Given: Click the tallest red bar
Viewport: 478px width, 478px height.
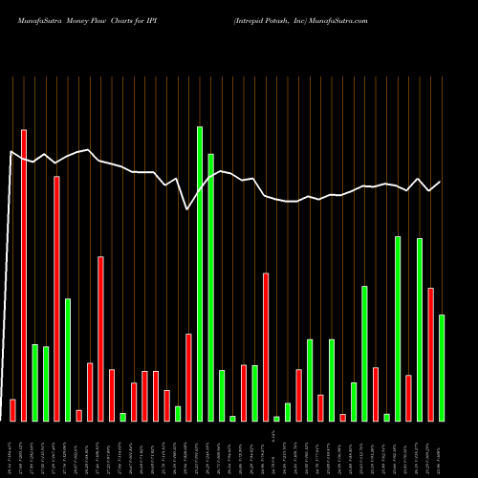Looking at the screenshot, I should pos(24,274).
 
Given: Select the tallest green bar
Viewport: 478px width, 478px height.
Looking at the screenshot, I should pos(200,273).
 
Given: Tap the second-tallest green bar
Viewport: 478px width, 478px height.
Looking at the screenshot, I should pos(210,287).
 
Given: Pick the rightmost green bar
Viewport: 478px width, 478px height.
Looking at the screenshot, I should pos(442,367).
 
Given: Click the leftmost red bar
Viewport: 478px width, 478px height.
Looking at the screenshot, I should pos(12,410).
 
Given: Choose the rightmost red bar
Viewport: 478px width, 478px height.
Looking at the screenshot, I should pos(430,354).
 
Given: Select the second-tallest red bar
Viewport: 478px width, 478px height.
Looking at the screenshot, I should pos(56,298).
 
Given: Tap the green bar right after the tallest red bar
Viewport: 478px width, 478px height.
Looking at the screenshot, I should pos(34,382).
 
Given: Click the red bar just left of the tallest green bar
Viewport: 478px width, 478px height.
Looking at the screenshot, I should pos(188,377).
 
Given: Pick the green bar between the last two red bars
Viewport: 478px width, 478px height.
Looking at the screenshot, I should pos(420,329).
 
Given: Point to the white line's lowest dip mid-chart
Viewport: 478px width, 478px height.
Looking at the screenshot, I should pos(187,209).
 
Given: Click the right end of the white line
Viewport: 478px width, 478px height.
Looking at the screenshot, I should pos(441,182).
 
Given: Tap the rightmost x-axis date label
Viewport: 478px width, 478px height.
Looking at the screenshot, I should pos(442,449).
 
